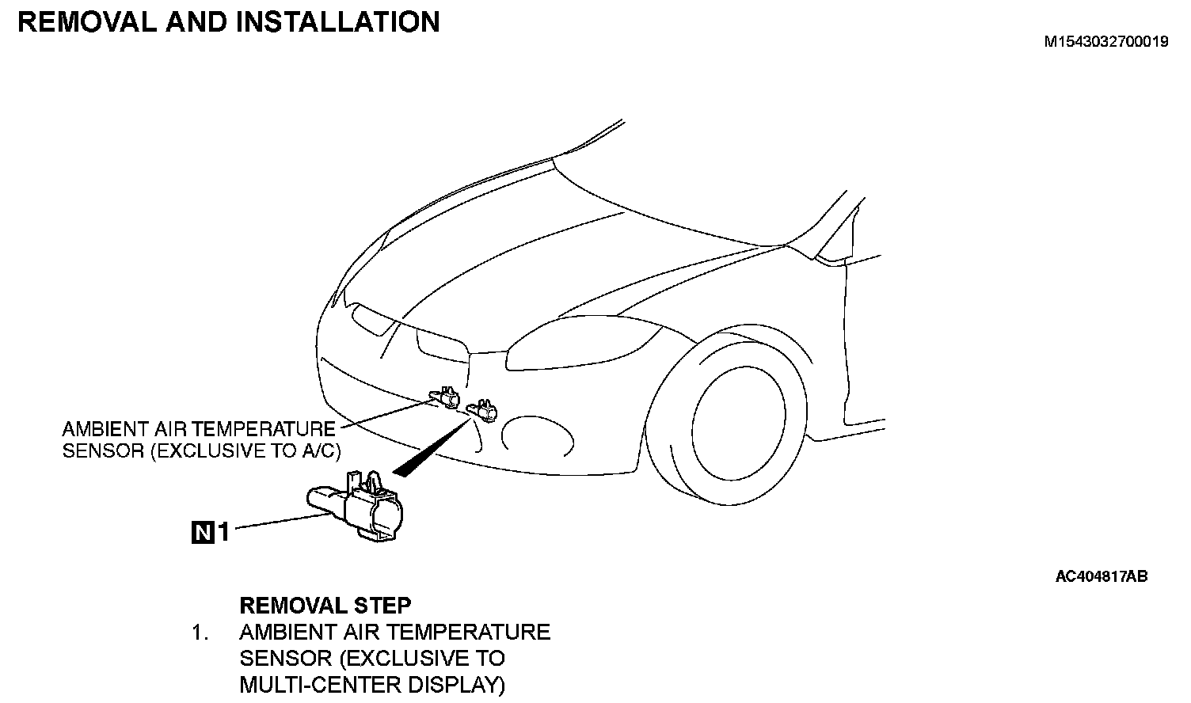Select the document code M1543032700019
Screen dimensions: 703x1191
click(x=1105, y=42)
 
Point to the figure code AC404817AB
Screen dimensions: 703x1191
click(x=1101, y=576)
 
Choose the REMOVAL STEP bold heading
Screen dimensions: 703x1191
click(x=325, y=606)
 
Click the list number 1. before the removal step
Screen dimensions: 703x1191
click(x=200, y=633)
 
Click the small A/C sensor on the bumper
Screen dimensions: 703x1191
click(x=443, y=397)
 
